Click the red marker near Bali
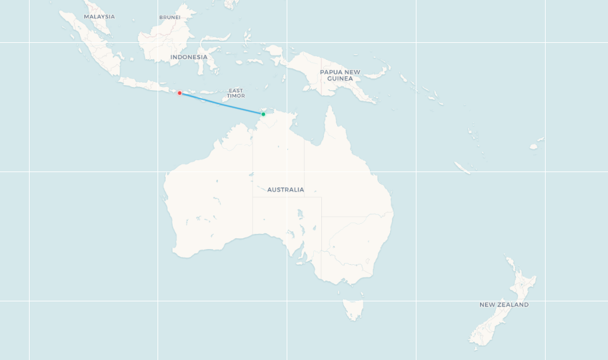[180, 93]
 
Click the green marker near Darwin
[263, 114]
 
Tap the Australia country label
[285, 190]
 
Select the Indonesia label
[188, 57]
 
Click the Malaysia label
[100, 16]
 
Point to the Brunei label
[169, 18]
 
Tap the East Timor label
[236, 93]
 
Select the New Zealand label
[504, 305]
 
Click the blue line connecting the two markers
[221, 103]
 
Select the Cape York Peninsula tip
[329, 108]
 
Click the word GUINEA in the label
[340, 79]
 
